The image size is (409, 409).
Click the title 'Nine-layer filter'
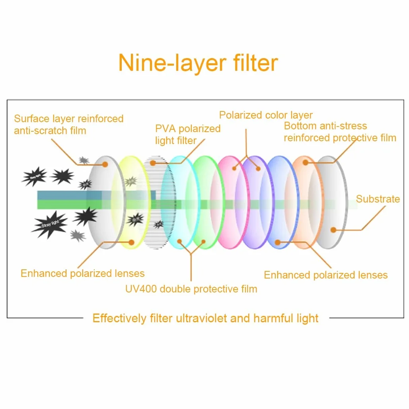[x=198, y=63]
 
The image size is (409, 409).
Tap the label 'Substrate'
[x=378, y=199]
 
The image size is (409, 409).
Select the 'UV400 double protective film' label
[x=191, y=289]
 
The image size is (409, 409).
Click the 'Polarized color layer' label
[x=266, y=115]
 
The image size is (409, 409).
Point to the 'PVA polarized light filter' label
[x=188, y=134]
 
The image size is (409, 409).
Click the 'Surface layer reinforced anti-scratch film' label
[x=68, y=125]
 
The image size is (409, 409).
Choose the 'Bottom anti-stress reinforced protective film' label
[x=340, y=132]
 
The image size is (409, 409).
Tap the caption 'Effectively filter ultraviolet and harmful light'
[x=206, y=318]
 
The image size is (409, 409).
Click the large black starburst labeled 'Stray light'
[x=50, y=224]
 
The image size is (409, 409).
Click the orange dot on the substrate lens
[x=333, y=230]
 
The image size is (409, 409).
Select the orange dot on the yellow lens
[x=131, y=242]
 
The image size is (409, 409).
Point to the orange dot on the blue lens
[x=278, y=242]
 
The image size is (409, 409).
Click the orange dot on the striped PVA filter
[x=153, y=163]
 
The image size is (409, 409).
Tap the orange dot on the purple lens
[x=258, y=169]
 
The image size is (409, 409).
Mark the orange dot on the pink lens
[x=234, y=169]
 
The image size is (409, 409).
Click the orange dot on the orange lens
[x=305, y=162]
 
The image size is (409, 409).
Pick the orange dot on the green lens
[x=203, y=242]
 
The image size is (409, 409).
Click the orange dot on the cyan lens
[x=179, y=241]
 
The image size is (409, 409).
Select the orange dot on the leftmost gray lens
[x=105, y=164]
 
